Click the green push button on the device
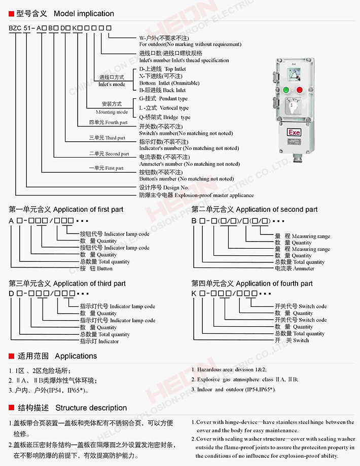(285, 90)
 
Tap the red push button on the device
(300, 90)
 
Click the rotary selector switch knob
(293, 108)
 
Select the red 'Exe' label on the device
(294, 132)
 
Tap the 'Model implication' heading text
(84, 14)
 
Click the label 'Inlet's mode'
(112, 84)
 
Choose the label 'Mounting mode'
(112, 112)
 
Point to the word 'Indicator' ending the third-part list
(109, 341)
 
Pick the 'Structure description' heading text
(91, 408)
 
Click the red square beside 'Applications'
(12, 356)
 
